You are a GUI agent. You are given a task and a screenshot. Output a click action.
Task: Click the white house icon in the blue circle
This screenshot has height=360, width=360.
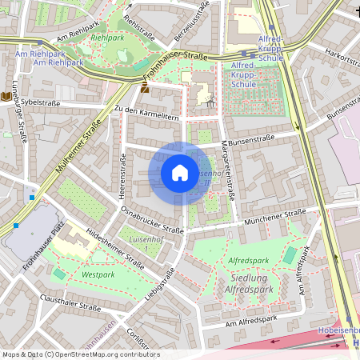click(180, 173)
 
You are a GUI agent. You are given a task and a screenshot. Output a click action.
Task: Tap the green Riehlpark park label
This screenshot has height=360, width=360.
click(107, 37)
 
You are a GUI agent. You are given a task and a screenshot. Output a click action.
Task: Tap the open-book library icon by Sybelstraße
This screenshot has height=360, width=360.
click(7, 96)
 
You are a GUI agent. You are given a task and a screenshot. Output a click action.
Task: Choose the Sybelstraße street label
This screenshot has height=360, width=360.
click(41, 102)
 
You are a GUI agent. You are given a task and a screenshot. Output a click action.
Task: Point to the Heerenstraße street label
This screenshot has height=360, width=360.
click(122, 178)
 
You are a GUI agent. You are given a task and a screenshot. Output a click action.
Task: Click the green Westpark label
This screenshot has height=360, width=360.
click(98, 274)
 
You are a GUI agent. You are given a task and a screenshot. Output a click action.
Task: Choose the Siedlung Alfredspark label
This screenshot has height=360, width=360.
click(251, 282)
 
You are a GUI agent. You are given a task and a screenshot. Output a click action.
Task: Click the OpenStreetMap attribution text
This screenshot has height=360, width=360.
click(81, 354)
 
